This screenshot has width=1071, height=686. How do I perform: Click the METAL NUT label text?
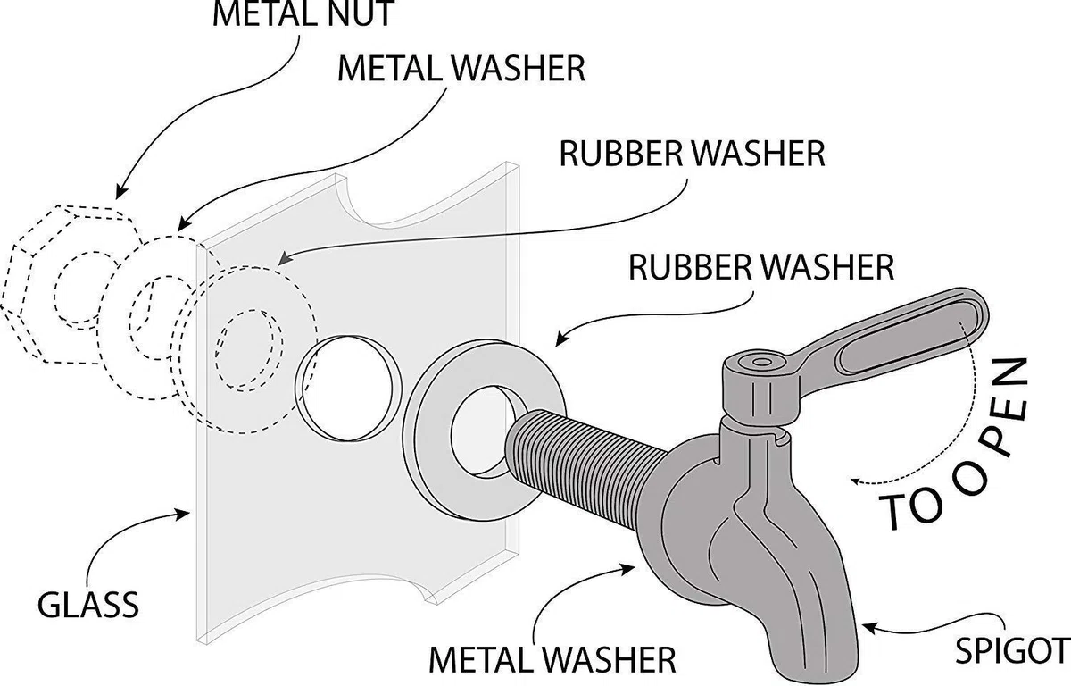coord(303,13)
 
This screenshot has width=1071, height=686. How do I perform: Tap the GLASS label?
coord(88,605)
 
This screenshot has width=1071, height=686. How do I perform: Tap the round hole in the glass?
coord(345,388)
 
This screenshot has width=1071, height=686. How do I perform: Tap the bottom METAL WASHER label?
coord(552,660)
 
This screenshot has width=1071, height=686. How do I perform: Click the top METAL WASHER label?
coord(461,69)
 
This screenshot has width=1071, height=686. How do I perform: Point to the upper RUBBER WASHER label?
coord(693,154)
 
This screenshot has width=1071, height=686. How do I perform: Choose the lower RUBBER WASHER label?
coord(761,267)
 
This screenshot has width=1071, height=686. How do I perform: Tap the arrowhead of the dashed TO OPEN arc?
coord(856,481)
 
